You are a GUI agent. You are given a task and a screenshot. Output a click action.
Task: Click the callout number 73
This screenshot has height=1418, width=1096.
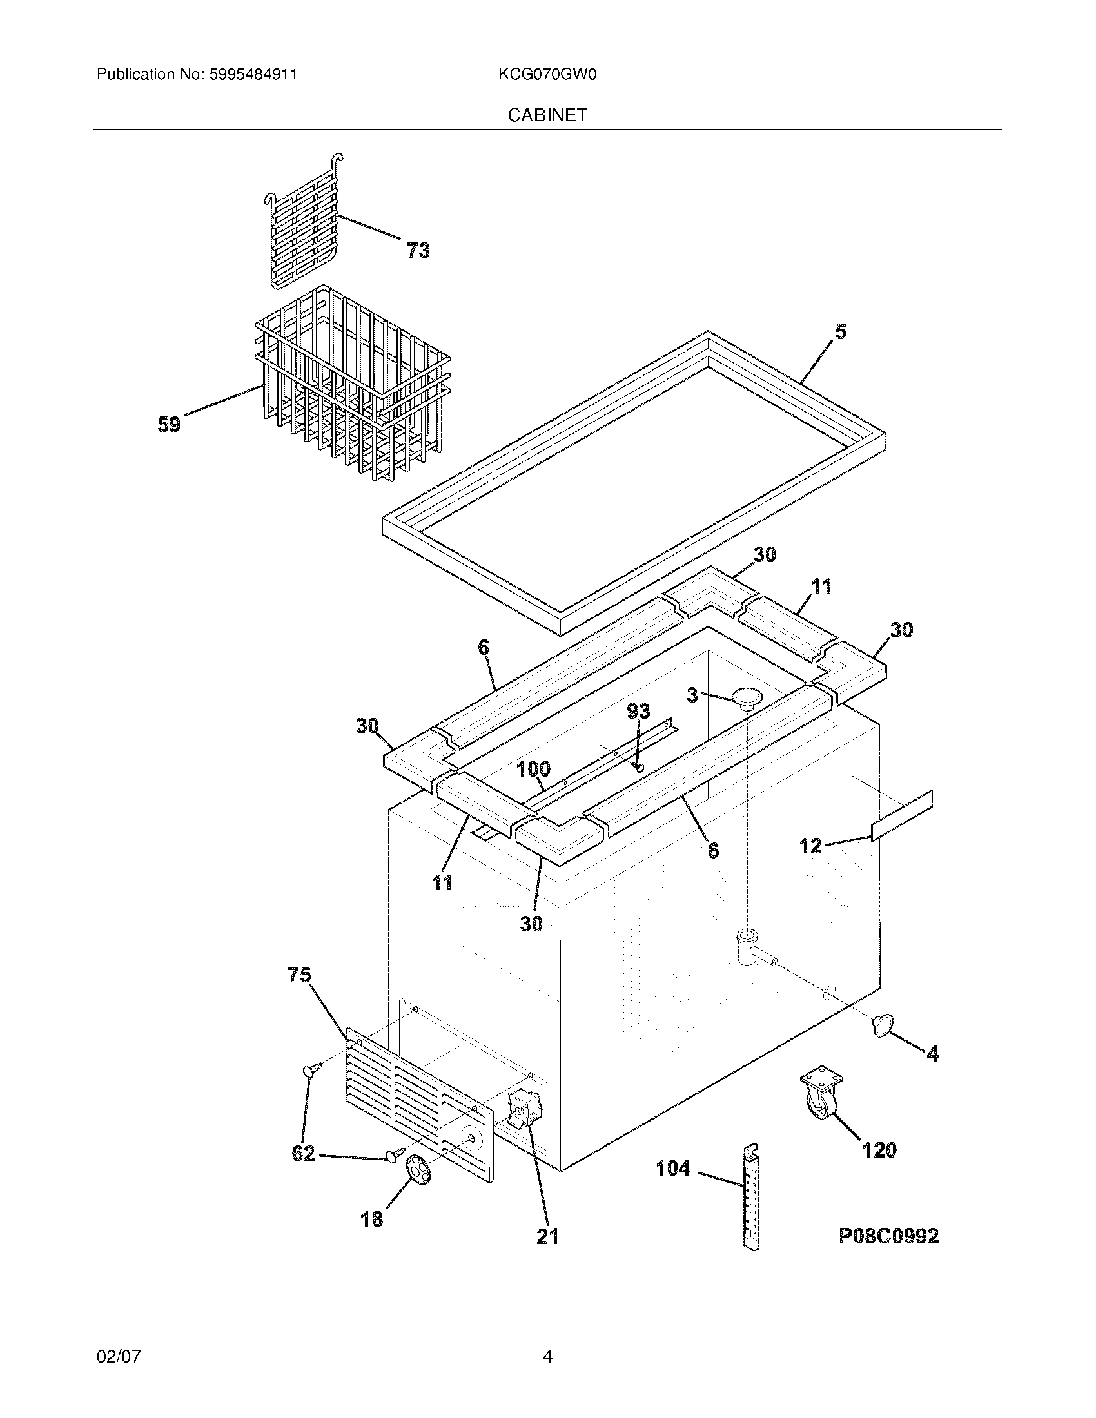(x=418, y=250)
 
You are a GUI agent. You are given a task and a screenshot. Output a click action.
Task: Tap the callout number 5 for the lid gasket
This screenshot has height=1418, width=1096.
(x=840, y=332)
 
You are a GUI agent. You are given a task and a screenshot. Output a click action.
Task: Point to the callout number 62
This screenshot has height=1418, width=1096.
(x=303, y=1154)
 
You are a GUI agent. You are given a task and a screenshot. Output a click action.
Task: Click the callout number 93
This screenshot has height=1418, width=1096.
(x=638, y=711)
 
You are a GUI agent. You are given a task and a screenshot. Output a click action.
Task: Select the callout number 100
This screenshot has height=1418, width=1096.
(x=533, y=770)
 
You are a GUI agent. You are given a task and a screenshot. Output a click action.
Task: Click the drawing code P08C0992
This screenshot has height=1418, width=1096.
(x=888, y=1236)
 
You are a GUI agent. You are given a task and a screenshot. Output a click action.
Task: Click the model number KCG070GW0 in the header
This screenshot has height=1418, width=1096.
(x=547, y=75)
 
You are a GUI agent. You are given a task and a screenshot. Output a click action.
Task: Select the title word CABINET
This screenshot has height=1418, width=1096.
(x=547, y=115)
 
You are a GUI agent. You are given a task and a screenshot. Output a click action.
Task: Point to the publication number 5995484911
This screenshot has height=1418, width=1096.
(x=253, y=75)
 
